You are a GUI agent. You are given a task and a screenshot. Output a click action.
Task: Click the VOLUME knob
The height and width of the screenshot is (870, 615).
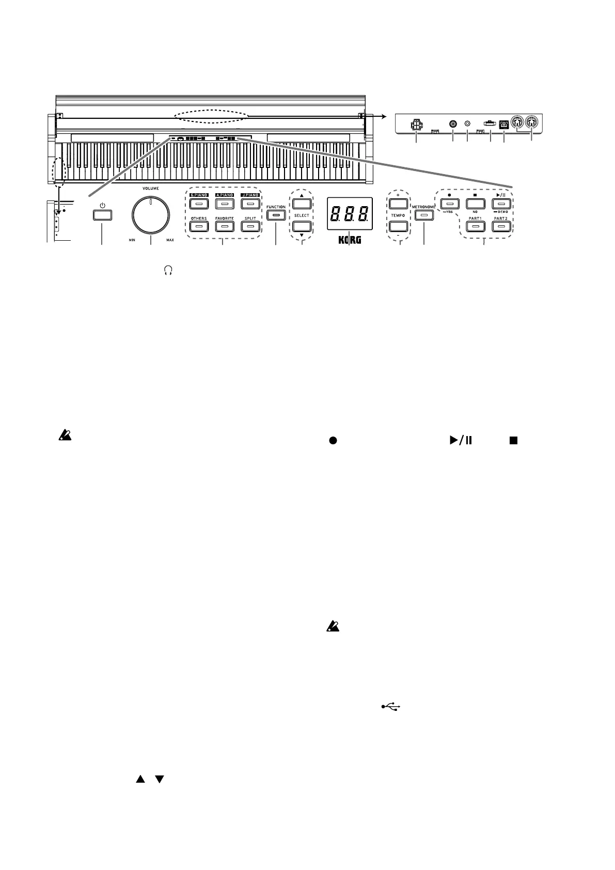click(x=151, y=215)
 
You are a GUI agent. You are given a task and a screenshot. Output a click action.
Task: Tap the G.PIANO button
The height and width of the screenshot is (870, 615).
click(x=198, y=204)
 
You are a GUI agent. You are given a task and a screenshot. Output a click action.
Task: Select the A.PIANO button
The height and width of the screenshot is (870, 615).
click(x=225, y=204)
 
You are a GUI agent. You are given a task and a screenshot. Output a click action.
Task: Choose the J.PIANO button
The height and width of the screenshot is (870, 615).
click(x=250, y=204)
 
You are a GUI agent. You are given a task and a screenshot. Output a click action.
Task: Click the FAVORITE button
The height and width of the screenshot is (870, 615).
click(x=225, y=227)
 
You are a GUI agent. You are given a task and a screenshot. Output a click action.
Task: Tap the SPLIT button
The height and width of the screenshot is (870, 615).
click(x=250, y=227)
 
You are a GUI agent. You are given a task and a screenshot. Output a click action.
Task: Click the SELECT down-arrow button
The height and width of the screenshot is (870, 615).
click(x=302, y=226)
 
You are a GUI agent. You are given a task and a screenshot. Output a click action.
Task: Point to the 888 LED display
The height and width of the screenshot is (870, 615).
click(x=350, y=213)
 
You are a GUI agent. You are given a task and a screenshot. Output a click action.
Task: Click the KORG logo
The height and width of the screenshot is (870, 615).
click(x=350, y=240)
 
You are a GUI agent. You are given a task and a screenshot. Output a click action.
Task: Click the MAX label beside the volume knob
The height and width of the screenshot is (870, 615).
click(x=170, y=240)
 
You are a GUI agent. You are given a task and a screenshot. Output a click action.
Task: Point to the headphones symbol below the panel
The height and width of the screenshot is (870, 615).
click(x=167, y=270)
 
